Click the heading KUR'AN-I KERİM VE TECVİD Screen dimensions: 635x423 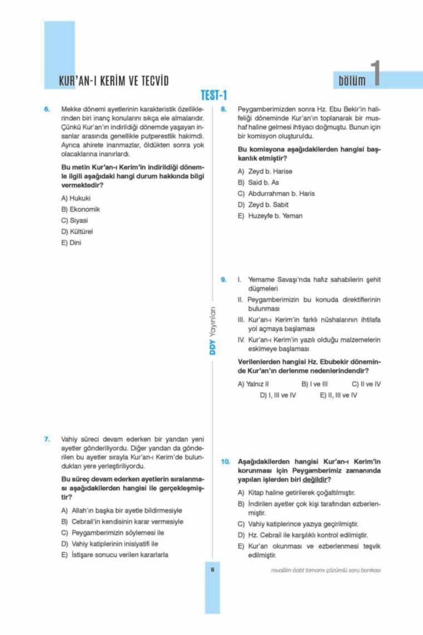coord(114,81)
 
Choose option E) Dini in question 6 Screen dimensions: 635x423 coord(71,242)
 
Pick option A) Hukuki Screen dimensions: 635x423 coord(76,198)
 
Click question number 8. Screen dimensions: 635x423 coord(223,110)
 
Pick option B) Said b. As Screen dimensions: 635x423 coord(258,182)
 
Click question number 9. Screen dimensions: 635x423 coord(223,279)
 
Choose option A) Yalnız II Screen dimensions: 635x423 coord(253,384)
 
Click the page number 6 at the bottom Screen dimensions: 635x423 coord(213,569)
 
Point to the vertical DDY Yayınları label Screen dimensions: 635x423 coord(213,333)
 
